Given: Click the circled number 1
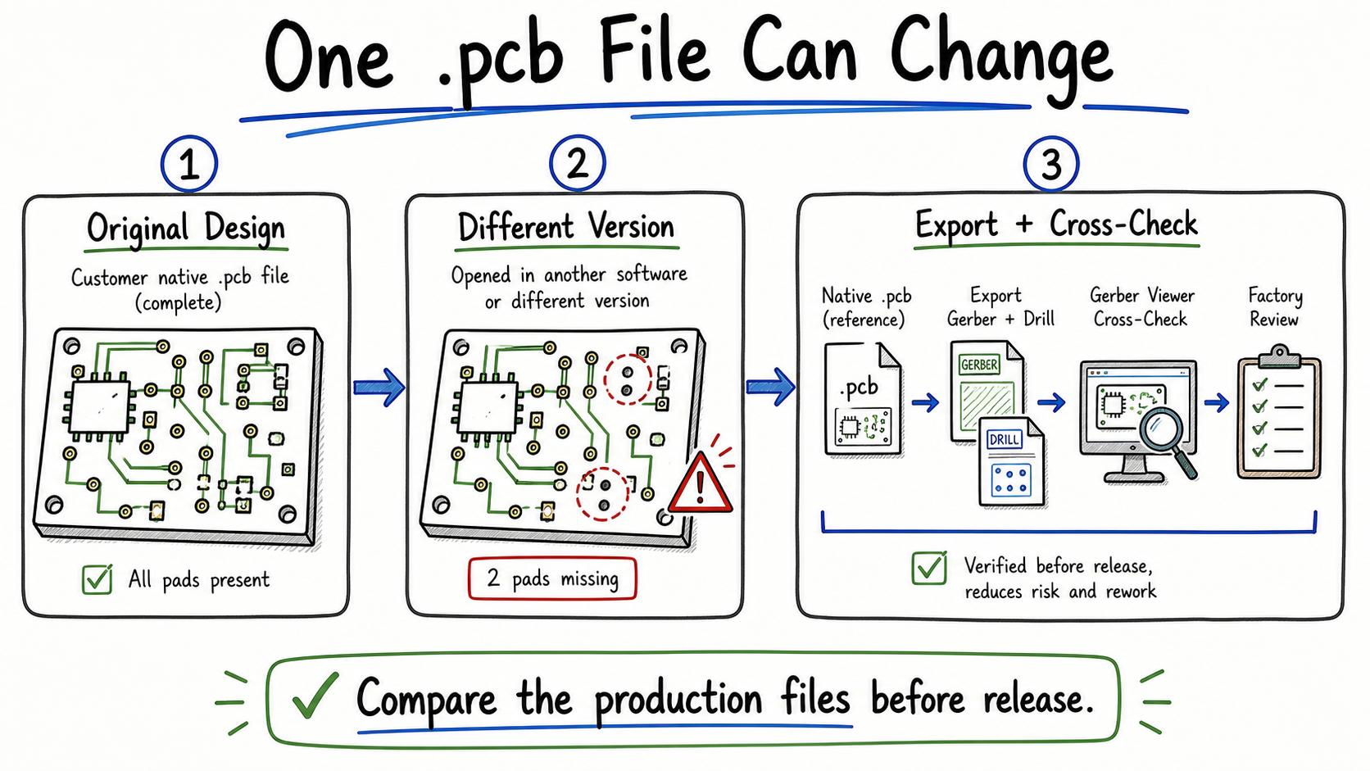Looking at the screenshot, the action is [189, 164].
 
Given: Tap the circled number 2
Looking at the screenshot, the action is [577, 163].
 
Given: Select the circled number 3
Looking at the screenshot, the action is [1050, 164].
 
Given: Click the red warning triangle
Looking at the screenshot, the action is [701, 483].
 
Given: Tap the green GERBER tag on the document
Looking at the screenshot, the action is [979, 365].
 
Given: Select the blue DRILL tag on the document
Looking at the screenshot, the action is [1004, 439].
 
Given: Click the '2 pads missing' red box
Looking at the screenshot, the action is [552, 578].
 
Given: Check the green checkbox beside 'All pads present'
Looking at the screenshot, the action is [98, 579].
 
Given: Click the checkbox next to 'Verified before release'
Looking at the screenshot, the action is [929, 568].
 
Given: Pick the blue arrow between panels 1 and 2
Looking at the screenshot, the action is [379, 387].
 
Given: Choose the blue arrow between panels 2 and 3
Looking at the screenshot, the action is [770, 387].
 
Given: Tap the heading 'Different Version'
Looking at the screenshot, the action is [565, 227].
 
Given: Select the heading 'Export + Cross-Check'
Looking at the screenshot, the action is [1056, 225].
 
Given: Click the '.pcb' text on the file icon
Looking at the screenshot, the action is [859, 388].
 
